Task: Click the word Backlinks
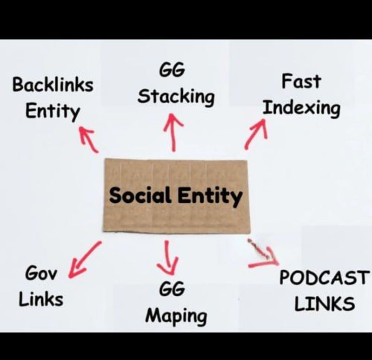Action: [x=53, y=86]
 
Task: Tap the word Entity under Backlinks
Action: [x=52, y=112]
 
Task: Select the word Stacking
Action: [x=176, y=97]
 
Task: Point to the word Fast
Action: [x=301, y=82]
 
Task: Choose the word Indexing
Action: [x=301, y=108]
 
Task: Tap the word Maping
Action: [x=176, y=316]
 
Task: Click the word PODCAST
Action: [x=323, y=278]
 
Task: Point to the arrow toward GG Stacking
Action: [x=173, y=133]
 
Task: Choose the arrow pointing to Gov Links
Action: [x=84, y=260]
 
